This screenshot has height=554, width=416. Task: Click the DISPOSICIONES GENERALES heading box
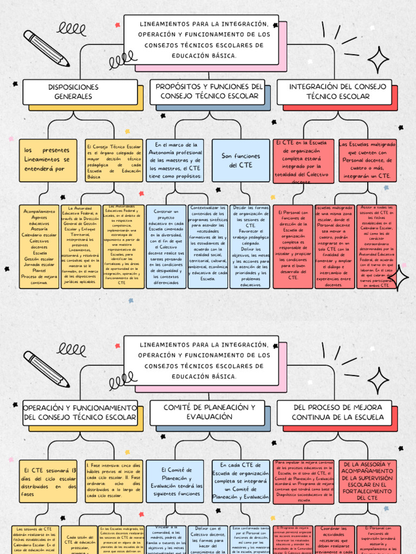[80, 92]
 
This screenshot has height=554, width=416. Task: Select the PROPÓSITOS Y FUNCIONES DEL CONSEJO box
[209, 91]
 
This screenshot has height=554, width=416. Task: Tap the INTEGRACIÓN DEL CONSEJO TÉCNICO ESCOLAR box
[337, 91]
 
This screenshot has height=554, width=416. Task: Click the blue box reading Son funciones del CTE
[240, 160]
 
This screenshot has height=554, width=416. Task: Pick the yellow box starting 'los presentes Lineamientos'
[48, 160]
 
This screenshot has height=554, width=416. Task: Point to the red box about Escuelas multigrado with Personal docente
[368, 160]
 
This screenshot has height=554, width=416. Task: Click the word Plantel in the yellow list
[39, 270]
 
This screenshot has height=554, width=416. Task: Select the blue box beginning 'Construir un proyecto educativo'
[166, 246]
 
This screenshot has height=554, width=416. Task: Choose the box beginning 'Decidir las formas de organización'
[250, 246]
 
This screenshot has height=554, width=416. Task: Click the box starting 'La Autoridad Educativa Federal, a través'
[81, 246]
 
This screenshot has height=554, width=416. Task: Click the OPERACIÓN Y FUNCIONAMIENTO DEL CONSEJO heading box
[80, 412]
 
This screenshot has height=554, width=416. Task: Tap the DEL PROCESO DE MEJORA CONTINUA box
[337, 412]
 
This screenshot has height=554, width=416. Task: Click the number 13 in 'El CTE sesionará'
[74, 470]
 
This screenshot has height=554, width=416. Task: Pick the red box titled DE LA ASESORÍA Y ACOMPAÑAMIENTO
[368, 480]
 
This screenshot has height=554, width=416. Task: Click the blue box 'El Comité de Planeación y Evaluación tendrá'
[177, 481]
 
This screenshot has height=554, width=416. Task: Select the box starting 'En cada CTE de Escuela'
[240, 481]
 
